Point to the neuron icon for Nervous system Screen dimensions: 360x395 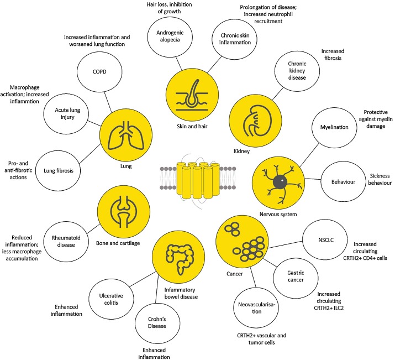point(276,181)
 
